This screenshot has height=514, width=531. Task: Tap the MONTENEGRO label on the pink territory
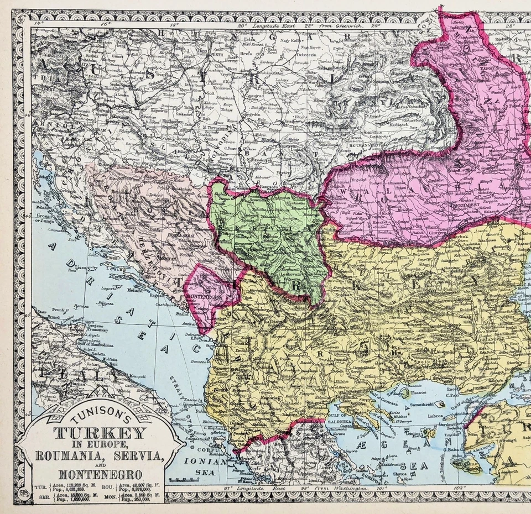pos(202,297)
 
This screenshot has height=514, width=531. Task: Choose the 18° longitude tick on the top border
pos(175,25)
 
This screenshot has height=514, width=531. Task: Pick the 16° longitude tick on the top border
pos(106,24)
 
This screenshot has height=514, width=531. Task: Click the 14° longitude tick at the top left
pos(38,24)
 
